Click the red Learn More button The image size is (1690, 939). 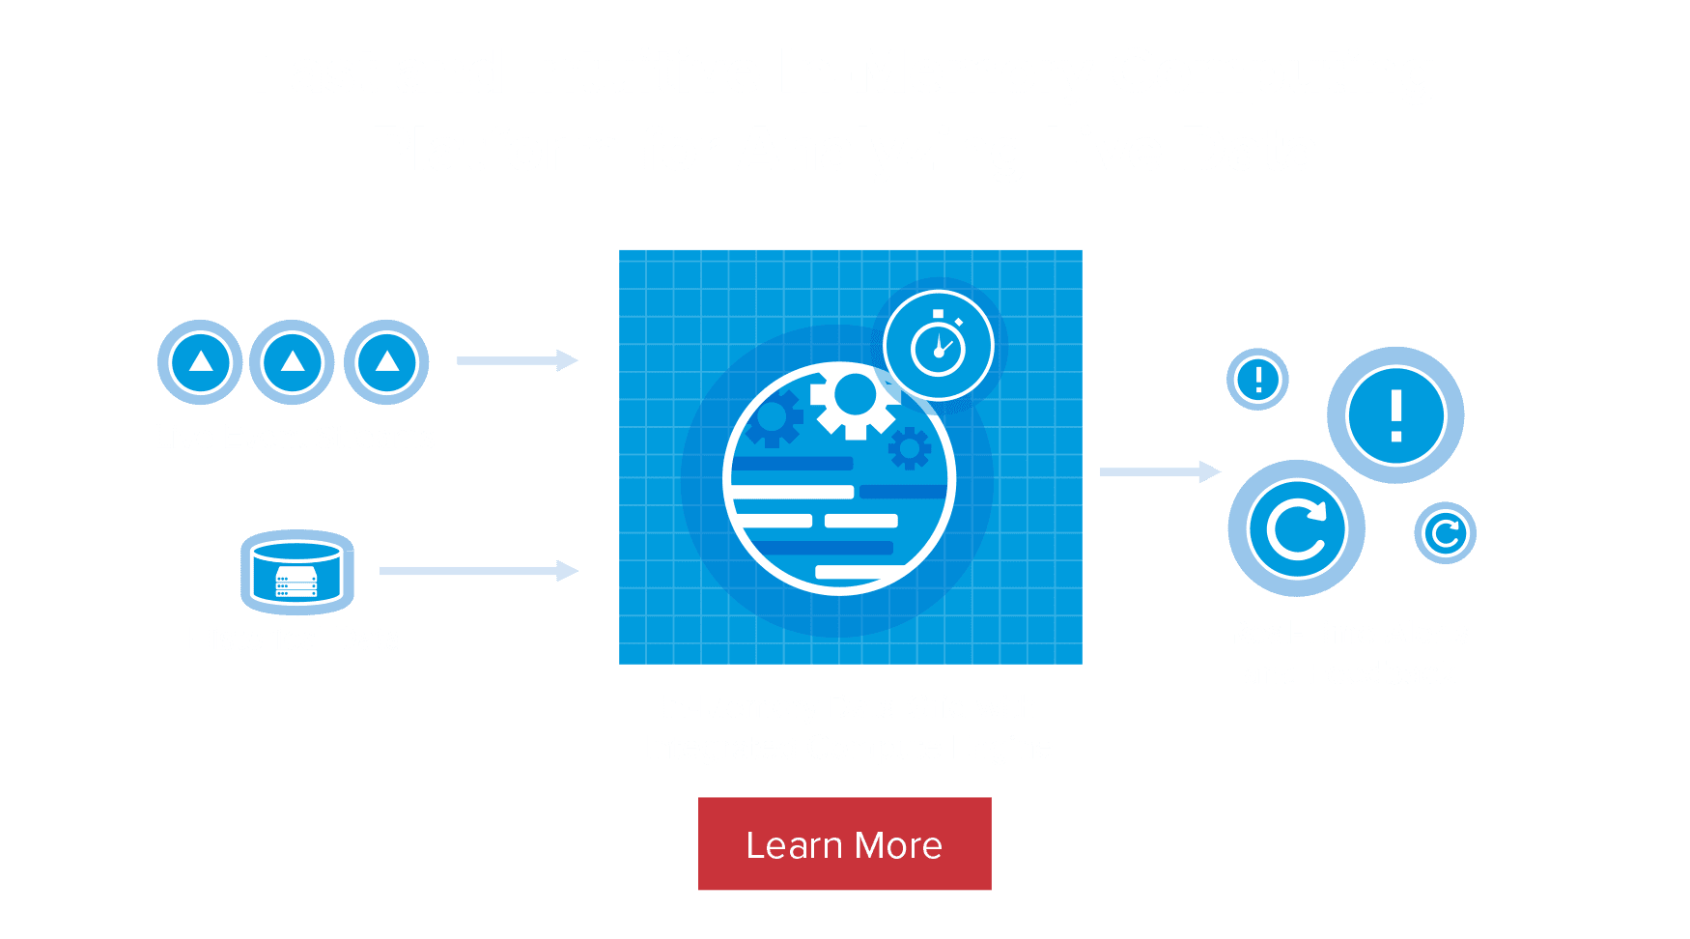845,844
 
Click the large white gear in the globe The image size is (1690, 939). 854,398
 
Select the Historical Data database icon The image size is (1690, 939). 296,572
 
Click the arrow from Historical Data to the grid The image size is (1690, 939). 478,571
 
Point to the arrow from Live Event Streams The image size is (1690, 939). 518,360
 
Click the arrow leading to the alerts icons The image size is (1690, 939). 1160,471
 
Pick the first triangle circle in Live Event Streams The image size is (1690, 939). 200,362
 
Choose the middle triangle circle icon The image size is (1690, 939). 293,362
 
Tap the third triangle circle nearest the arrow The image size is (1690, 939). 386,362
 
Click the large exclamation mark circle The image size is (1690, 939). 1395,416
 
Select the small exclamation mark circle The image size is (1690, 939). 1257,379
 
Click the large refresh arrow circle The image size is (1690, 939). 1296,528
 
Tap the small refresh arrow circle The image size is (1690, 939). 1445,532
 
